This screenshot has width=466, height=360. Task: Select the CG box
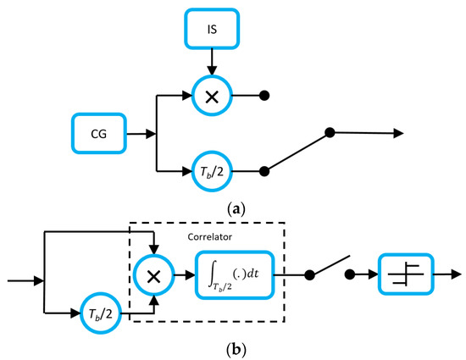(99, 133)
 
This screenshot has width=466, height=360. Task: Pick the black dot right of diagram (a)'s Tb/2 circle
(264, 170)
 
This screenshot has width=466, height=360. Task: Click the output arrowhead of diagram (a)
(397, 134)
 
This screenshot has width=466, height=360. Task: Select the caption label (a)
(232, 207)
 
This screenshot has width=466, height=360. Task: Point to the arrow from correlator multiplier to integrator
(183, 274)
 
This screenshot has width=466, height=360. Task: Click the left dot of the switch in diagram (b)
(309, 274)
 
